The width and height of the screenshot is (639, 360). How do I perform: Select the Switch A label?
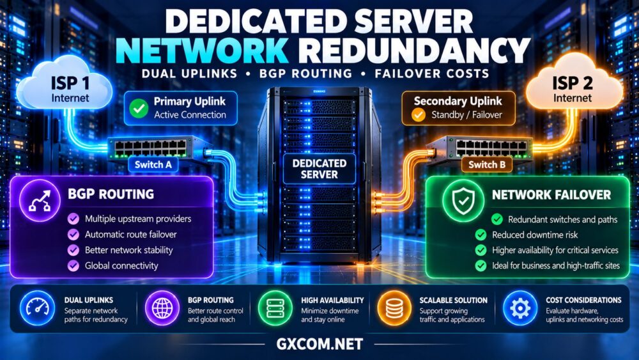153,165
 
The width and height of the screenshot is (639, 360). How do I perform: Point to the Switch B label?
486,165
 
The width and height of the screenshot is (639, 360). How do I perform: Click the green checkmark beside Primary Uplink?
139,109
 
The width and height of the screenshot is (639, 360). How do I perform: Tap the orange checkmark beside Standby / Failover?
418,115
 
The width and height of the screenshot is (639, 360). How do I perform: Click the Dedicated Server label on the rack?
319,169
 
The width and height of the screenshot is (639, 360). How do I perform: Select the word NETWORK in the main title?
202,51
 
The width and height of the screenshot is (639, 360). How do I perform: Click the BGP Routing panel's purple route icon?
40,200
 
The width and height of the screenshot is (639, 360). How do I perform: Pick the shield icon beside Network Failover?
463,201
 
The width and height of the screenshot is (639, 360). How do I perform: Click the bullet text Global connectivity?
121,266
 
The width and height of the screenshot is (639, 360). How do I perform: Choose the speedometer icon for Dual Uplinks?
37,308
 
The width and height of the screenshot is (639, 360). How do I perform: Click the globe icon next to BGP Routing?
162,308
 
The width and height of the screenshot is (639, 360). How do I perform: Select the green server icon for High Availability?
275,308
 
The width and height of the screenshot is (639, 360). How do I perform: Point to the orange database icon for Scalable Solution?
394,308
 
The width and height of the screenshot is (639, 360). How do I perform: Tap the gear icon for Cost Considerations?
520,308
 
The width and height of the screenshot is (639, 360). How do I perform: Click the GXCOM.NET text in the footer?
319,344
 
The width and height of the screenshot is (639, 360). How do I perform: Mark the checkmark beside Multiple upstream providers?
73,219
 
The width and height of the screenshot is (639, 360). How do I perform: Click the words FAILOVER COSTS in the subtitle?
432,74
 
